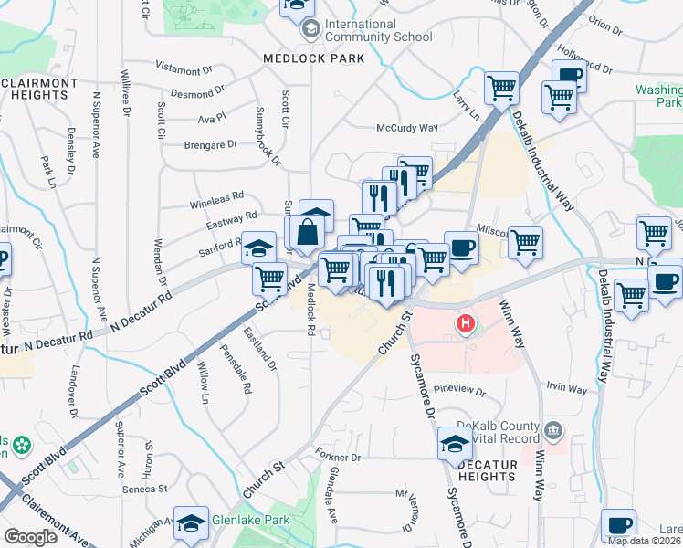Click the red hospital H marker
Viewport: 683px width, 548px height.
click(x=466, y=323)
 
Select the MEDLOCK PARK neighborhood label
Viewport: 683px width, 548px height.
click(x=313, y=58)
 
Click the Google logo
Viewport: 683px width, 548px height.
click(x=30, y=536)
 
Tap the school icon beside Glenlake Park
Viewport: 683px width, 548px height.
click(x=191, y=523)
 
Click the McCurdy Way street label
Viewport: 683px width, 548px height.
click(x=408, y=129)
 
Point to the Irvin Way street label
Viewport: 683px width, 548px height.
click(x=566, y=388)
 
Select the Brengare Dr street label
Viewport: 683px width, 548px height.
click(x=211, y=144)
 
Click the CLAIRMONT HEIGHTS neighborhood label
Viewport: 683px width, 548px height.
click(x=39, y=89)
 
